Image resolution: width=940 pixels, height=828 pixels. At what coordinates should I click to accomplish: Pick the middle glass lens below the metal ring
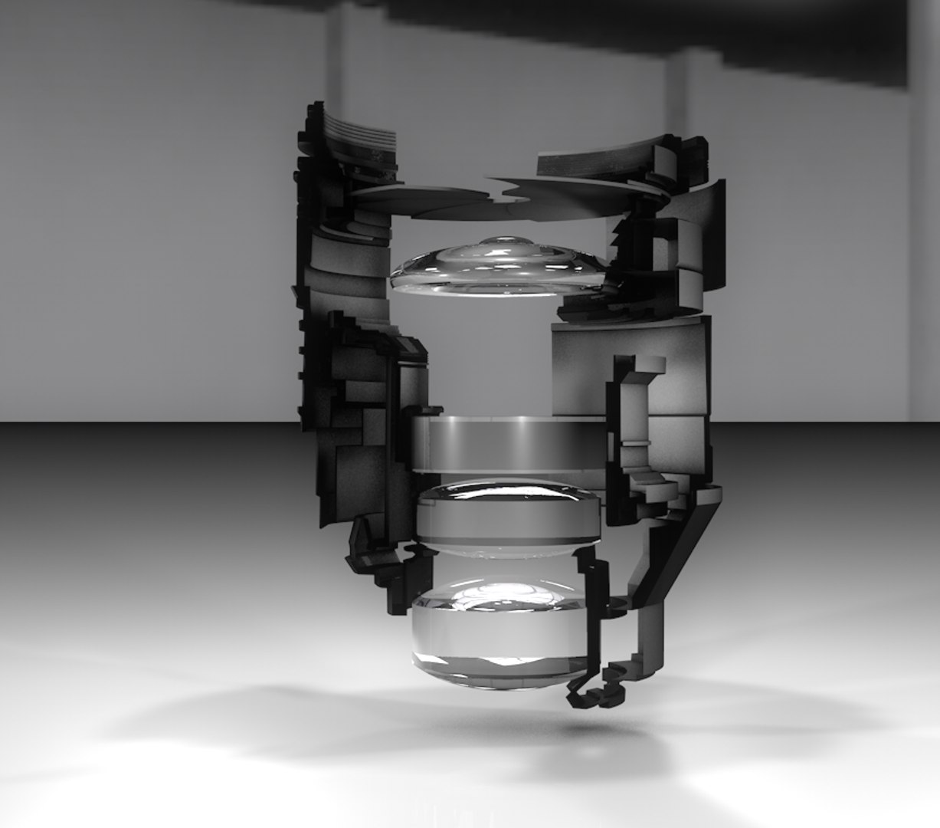click(507, 517)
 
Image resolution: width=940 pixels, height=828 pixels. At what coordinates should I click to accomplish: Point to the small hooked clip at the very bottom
click(590, 694)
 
